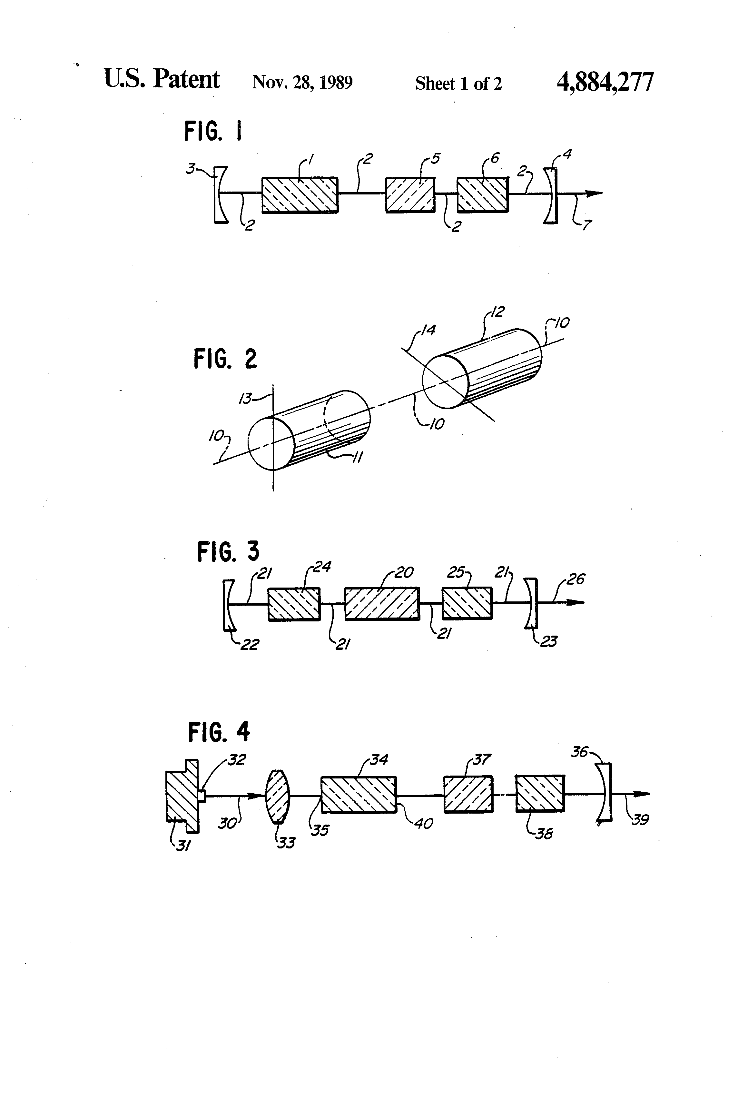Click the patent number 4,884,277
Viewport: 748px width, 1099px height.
click(605, 82)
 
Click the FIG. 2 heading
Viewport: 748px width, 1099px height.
click(225, 359)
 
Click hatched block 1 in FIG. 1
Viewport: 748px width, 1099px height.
click(300, 195)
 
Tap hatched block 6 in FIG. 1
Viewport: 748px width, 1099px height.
click(483, 194)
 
